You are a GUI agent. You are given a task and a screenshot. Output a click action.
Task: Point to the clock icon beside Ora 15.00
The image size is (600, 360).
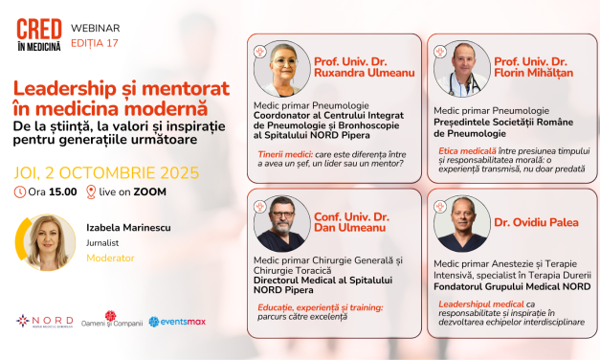(x=21, y=192)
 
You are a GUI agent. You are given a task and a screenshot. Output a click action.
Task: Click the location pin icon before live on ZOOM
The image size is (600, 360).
(x=91, y=192)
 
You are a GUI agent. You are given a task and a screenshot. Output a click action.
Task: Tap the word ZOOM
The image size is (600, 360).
(x=152, y=192)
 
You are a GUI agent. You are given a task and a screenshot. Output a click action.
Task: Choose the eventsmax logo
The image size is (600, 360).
(x=179, y=322)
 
